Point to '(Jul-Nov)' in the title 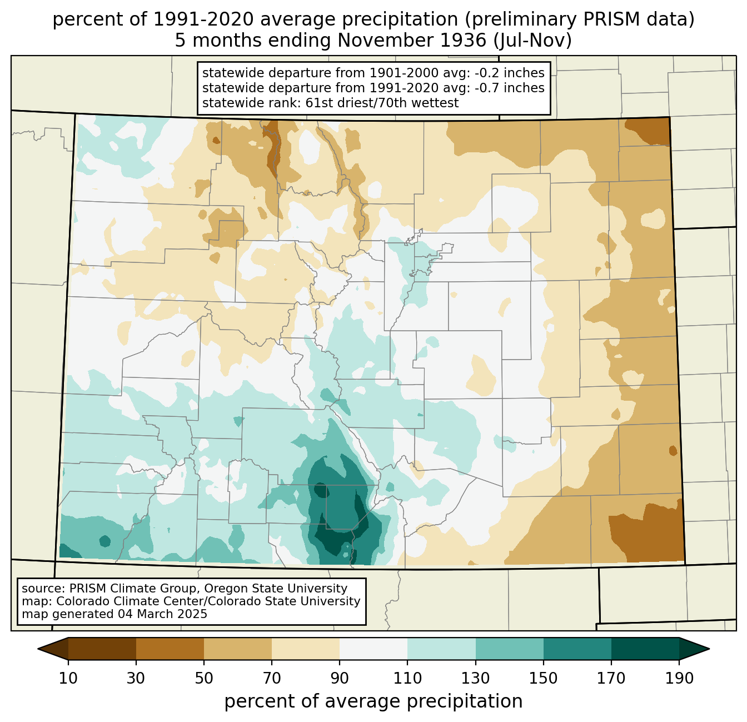[532, 41]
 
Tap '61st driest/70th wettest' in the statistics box [382, 103]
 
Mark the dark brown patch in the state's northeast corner [649, 131]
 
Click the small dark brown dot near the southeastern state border [673, 451]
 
